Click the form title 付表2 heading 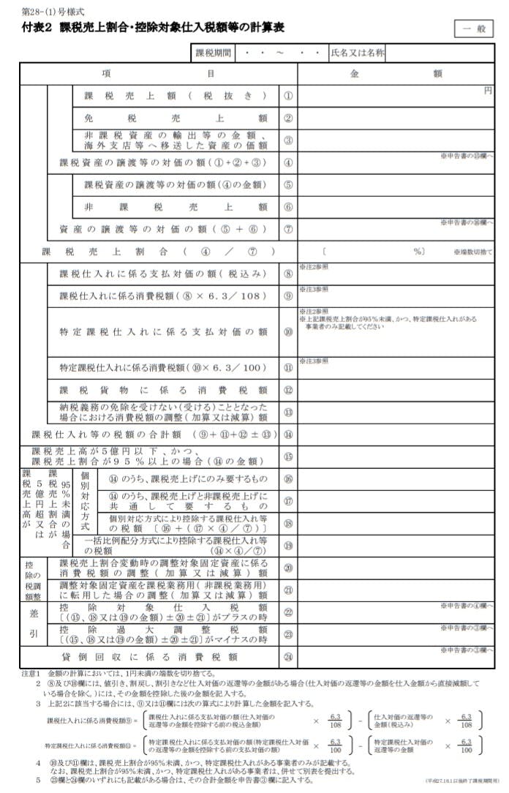click(153, 28)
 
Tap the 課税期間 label click(214, 53)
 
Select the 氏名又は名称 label click(357, 53)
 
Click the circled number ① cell click(288, 97)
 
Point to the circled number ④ click(288, 163)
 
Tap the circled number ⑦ click(288, 230)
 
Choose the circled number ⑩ click(288, 332)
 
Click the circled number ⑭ click(288, 435)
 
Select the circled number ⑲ click(288, 544)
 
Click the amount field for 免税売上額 click(395, 119)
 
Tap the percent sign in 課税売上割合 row click(419, 252)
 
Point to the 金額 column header click(396, 74)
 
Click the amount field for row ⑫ click(395, 391)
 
